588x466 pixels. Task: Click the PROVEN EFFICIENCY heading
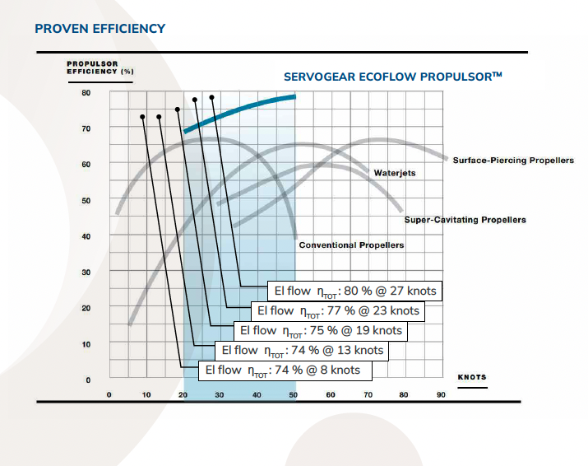(x=100, y=29)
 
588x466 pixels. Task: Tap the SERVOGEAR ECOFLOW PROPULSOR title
(x=392, y=77)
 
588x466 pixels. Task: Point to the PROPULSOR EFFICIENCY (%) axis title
(x=100, y=68)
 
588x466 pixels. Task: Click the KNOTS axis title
(x=472, y=377)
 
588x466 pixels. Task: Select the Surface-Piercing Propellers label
(x=513, y=160)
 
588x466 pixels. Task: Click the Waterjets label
(x=395, y=173)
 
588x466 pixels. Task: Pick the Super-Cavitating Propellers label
(x=465, y=220)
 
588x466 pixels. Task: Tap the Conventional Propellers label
(x=351, y=245)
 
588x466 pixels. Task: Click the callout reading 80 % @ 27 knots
(x=354, y=291)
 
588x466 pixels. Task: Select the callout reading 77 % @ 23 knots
(x=338, y=311)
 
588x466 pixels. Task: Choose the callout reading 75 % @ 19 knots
(x=321, y=331)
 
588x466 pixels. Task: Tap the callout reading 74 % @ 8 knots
(x=283, y=370)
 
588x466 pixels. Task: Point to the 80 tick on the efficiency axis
(x=86, y=92)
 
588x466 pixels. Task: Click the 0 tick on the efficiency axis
(x=88, y=380)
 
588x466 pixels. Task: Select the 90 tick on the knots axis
(x=441, y=395)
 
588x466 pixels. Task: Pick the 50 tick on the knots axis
(x=294, y=395)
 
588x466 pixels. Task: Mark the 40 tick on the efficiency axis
(x=86, y=236)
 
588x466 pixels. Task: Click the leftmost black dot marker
(x=143, y=117)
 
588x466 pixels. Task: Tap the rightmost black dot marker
(x=212, y=97)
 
